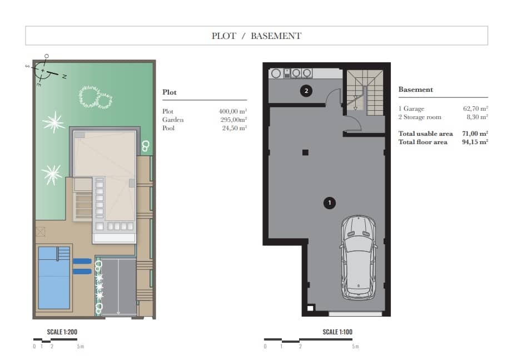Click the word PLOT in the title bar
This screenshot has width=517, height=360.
tap(224, 36)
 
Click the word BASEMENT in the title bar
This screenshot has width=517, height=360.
tap(276, 36)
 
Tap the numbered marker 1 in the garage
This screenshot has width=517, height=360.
tap(330, 203)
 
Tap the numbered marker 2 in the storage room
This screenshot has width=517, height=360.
tap(306, 91)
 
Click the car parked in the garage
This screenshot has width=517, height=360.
tap(359, 258)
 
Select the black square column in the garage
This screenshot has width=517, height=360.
tap(305, 152)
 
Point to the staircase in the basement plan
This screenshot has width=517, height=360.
tap(365, 92)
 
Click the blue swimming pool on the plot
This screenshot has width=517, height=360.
tap(54, 278)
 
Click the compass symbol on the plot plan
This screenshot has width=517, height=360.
tap(43, 70)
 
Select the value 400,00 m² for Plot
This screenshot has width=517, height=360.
tap(233, 111)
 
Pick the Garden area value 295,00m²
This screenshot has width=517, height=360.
tap(234, 120)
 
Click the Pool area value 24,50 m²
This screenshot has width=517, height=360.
tap(235, 128)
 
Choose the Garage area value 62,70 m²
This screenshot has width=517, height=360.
tap(475, 109)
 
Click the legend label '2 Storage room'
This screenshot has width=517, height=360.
tap(420, 117)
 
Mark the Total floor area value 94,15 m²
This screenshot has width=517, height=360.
tap(475, 142)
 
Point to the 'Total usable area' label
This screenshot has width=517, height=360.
tap(426, 134)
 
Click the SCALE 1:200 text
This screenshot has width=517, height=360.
tap(62, 332)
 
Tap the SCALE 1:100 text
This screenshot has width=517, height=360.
tap(337, 332)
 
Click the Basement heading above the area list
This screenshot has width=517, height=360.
tap(415, 90)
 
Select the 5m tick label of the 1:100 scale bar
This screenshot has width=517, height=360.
tap(355, 347)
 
